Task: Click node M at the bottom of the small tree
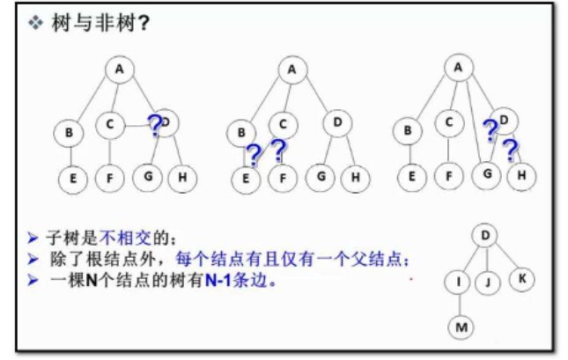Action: [462, 327]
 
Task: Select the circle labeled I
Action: [460, 283]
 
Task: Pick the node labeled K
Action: [520, 278]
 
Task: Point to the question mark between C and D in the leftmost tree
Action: [155, 126]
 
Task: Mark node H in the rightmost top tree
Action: [521, 175]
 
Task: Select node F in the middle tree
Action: [283, 178]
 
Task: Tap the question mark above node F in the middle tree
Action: [279, 151]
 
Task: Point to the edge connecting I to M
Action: [461, 305]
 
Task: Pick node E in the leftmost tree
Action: [73, 178]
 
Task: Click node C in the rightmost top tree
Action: [449, 123]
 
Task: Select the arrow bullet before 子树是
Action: [33, 238]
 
